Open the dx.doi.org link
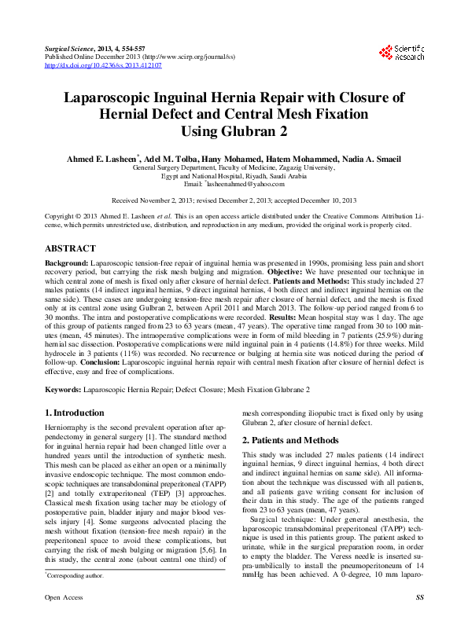click(104, 66)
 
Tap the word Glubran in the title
click(252, 130)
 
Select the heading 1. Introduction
click(74, 413)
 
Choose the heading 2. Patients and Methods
click(290, 440)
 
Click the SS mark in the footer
click(419, 619)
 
